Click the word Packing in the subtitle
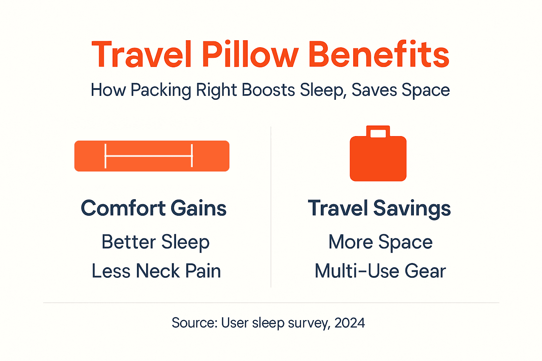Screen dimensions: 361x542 [161, 90]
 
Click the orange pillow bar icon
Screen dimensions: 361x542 [152, 156]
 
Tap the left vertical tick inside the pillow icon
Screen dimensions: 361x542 [106, 156]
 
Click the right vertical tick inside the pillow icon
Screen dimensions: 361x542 [192, 156]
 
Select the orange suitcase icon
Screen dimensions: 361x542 [378, 159]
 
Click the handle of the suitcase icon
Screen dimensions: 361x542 [378, 131]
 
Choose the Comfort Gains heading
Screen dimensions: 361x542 [153, 208]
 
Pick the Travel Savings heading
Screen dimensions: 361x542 [379, 208]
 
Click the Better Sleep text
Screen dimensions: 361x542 [156, 242]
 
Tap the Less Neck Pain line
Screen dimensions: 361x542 [156, 271]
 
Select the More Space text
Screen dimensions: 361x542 [380, 242]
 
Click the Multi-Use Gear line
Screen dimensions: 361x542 [380, 271]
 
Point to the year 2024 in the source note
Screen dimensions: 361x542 [349, 323]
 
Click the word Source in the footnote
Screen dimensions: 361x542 [194, 323]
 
